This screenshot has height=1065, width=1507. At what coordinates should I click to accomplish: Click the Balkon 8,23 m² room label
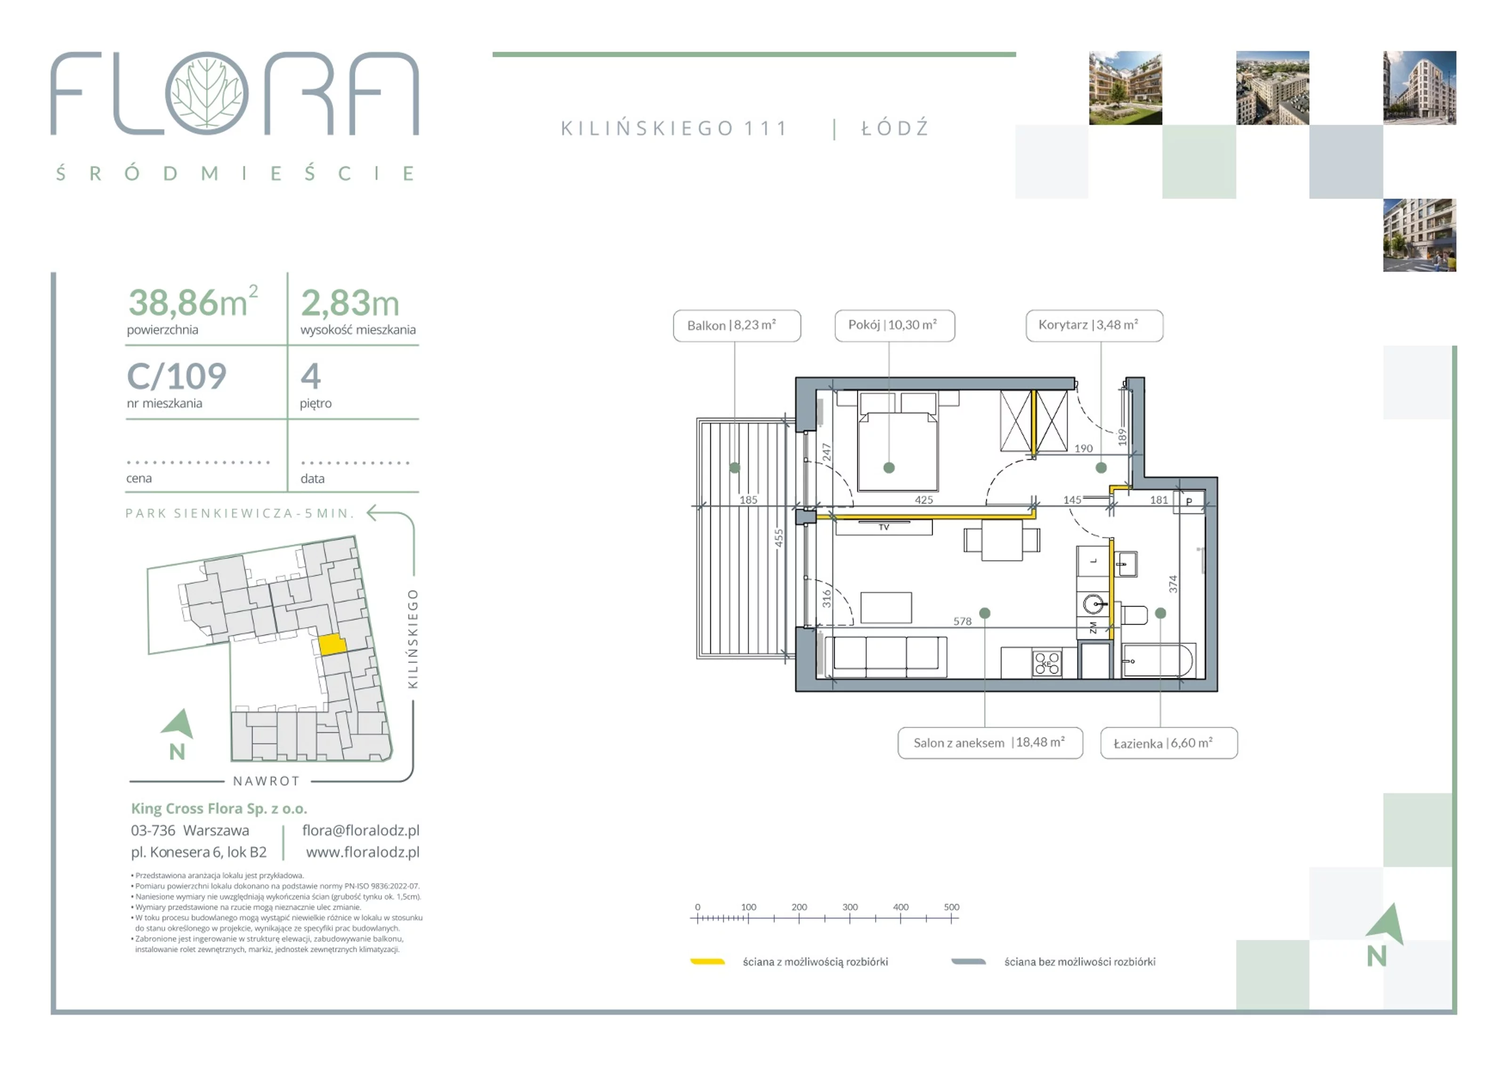[737, 325]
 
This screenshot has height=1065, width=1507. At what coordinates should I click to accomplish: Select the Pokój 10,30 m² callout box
[895, 325]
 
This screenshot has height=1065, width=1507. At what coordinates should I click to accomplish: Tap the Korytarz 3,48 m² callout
[1094, 325]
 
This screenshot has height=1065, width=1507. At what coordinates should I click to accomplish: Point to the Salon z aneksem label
[990, 743]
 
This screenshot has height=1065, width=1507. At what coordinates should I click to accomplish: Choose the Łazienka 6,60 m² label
[1169, 743]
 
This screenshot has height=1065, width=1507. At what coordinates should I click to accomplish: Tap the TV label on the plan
[883, 527]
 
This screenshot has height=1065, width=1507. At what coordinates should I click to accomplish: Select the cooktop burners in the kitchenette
[1047, 663]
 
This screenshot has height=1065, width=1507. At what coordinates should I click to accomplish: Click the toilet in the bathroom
[1134, 615]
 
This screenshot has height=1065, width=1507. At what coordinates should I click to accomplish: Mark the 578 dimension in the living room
[962, 621]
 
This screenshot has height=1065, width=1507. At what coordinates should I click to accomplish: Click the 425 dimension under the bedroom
[924, 500]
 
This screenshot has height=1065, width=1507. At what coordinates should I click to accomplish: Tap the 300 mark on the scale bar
[850, 907]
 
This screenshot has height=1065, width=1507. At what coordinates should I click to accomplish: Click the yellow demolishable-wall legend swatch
[707, 962]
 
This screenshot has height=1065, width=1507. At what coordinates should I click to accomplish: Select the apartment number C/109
[177, 377]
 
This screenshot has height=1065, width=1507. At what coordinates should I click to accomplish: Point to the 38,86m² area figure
[193, 301]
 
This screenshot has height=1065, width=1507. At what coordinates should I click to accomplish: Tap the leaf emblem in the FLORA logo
[207, 93]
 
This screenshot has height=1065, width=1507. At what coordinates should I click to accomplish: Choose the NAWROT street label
[267, 781]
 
